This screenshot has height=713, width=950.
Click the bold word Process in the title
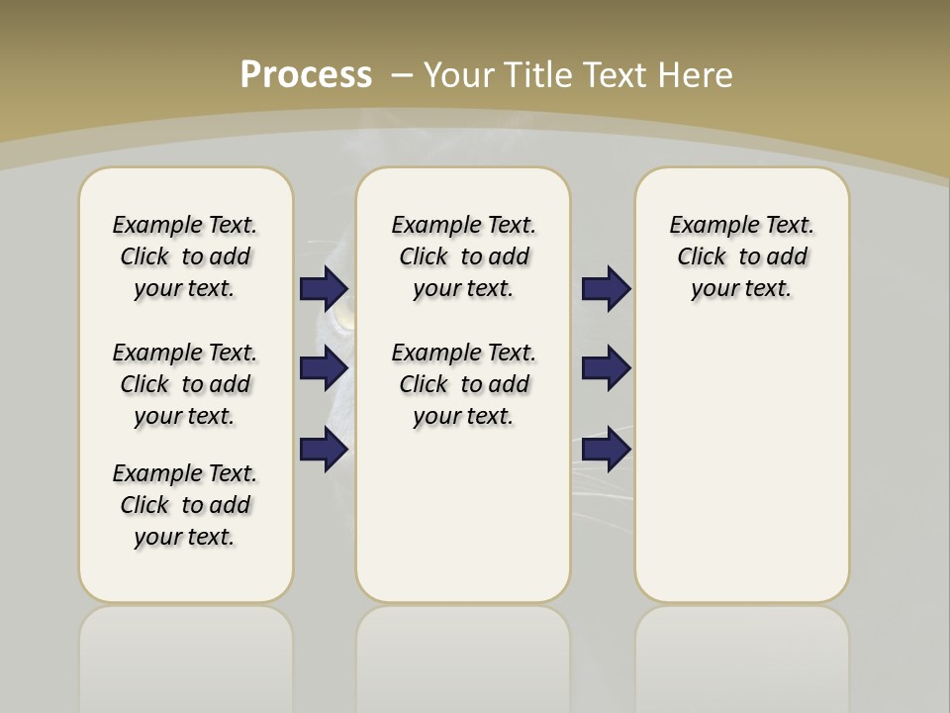[306, 75]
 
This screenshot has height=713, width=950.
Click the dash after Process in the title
[402, 75]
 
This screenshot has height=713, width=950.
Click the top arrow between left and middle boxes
[324, 288]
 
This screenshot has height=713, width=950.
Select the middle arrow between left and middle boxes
[324, 368]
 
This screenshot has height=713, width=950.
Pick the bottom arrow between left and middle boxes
[324, 449]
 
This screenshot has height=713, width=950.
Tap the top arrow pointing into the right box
[606, 288]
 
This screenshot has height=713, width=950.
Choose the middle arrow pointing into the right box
[606, 368]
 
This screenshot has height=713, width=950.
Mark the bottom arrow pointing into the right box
[606, 449]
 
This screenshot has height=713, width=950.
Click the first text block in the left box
[185, 256]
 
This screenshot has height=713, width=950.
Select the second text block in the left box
[185, 384]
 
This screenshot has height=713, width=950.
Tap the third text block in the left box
[185, 505]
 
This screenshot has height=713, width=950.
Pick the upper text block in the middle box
[463, 256]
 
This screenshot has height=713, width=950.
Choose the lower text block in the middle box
[463, 384]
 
